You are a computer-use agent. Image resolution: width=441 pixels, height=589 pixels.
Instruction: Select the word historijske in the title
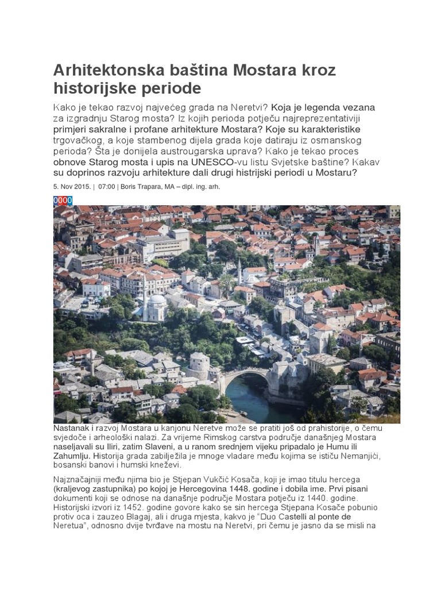94,89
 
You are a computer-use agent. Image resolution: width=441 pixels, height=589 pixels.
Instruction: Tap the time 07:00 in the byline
107,187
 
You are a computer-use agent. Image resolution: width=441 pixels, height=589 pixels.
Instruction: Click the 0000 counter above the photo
63,200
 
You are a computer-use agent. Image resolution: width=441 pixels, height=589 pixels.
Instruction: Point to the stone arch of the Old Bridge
245,374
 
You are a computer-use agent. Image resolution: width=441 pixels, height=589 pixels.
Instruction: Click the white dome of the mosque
157,300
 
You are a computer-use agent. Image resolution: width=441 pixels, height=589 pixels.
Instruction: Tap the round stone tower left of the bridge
199,365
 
